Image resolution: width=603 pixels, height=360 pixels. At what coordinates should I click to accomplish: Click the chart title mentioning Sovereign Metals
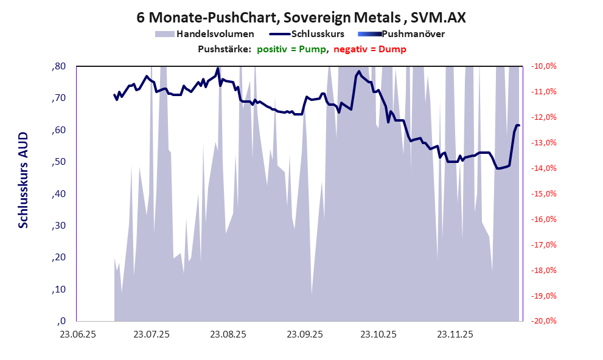click(x=301, y=18)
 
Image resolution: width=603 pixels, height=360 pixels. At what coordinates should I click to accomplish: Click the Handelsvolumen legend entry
click(x=215, y=34)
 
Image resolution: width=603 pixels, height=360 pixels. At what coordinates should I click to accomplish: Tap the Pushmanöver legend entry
click(x=413, y=34)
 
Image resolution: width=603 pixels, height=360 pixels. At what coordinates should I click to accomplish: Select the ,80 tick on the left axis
click(x=58, y=66)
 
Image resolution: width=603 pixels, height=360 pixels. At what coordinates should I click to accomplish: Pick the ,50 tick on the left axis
click(x=58, y=162)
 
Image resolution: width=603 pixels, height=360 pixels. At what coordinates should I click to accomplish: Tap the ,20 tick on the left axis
click(x=58, y=257)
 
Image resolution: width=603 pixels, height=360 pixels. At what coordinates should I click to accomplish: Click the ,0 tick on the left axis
click(x=61, y=321)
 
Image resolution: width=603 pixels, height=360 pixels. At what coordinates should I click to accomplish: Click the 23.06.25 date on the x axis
click(x=77, y=334)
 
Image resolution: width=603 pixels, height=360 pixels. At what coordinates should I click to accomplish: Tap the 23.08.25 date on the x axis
click(x=228, y=334)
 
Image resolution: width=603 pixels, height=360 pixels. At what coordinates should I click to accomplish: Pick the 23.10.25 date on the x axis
click(x=378, y=334)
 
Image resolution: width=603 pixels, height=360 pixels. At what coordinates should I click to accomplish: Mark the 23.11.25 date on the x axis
click(x=455, y=334)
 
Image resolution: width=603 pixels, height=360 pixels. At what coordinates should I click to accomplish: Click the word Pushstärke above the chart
click(x=225, y=49)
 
